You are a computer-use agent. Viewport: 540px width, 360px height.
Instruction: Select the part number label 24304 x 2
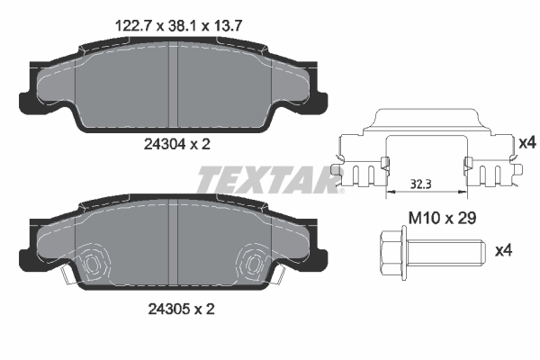(x=176, y=143)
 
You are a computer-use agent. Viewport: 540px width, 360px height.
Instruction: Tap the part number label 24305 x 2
(x=176, y=310)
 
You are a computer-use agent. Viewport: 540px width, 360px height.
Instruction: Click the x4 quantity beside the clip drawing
(x=526, y=141)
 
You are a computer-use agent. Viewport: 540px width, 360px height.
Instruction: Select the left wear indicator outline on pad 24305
(x=93, y=263)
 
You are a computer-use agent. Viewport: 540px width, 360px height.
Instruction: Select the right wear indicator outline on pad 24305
(x=254, y=263)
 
